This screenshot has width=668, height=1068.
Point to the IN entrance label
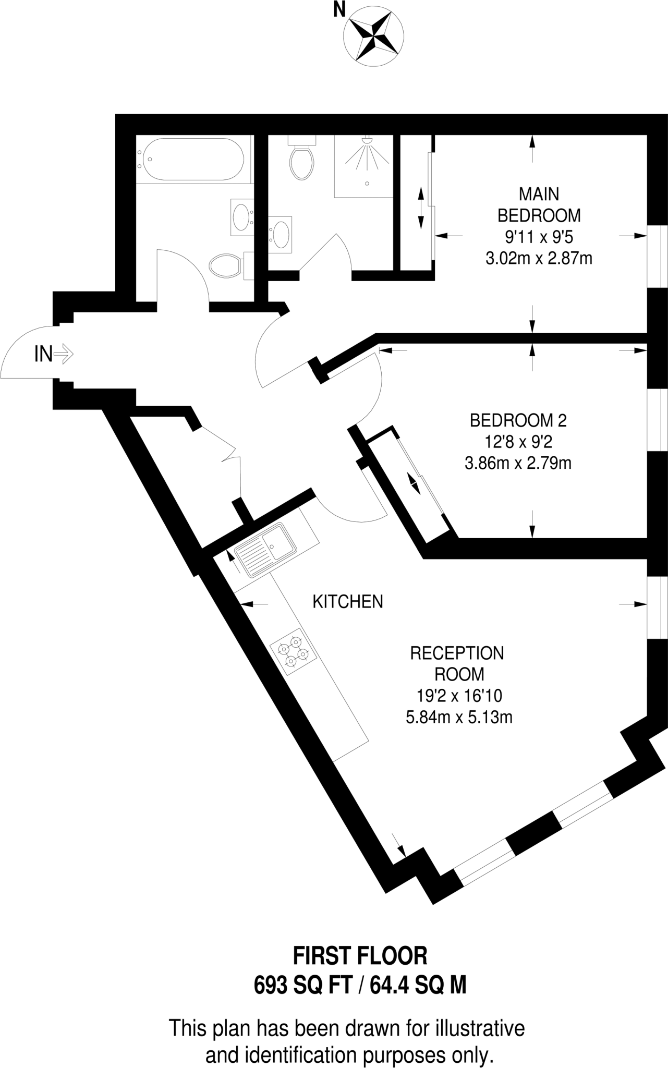pos(44,355)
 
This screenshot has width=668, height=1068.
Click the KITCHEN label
pos(348,602)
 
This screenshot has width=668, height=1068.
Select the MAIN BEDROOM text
pos(539,204)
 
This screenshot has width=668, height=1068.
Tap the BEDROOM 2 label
pos(518,420)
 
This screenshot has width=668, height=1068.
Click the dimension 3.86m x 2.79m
pos(518,463)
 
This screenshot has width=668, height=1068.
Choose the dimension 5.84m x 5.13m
pos(459,718)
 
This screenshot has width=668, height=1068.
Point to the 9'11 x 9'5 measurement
pos(539,237)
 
